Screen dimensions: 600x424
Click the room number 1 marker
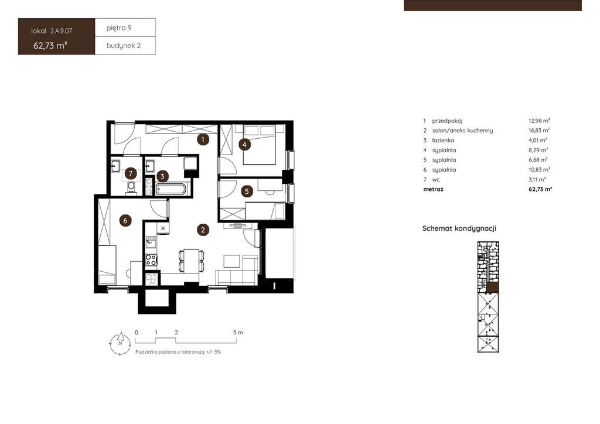pyautogui.click(x=203, y=139)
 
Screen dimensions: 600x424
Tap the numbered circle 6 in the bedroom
pyautogui.click(x=125, y=220)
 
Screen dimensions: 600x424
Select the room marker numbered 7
pyautogui.click(x=131, y=174)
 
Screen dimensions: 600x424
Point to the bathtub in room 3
pyautogui.click(x=171, y=189)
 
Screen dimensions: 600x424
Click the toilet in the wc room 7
pyautogui.click(x=131, y=188)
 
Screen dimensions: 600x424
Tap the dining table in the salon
pyautogui.click(x=191, y=261)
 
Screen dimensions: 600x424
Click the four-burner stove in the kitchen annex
pyautogui.click(x=151, y=260)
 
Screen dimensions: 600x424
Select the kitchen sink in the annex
pyautogui.click(x=151, y=241)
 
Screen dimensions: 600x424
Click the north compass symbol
pyautogui.click(x=120, y=343)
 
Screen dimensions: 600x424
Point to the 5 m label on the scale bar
pyautogui.click(x=238, y=333)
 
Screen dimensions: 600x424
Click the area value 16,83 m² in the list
pyautogui.click(x=539, y=131)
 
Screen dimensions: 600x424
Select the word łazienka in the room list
pyautogui.click(x=443, y=141)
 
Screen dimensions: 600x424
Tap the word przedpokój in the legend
pyautogui.click(x=447, y=121)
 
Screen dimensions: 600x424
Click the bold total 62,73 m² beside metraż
pyautogui.click(x=540, y=189)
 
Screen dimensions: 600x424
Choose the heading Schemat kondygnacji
pyautogui.click(x=459, y=228)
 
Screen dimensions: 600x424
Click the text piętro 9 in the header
pyautogui.click(x=119, y=28)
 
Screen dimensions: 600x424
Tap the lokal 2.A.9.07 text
pyautogui.click(x=52, y=31)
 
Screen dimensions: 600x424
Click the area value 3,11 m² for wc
pyautogui.click(x=537, y=179)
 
